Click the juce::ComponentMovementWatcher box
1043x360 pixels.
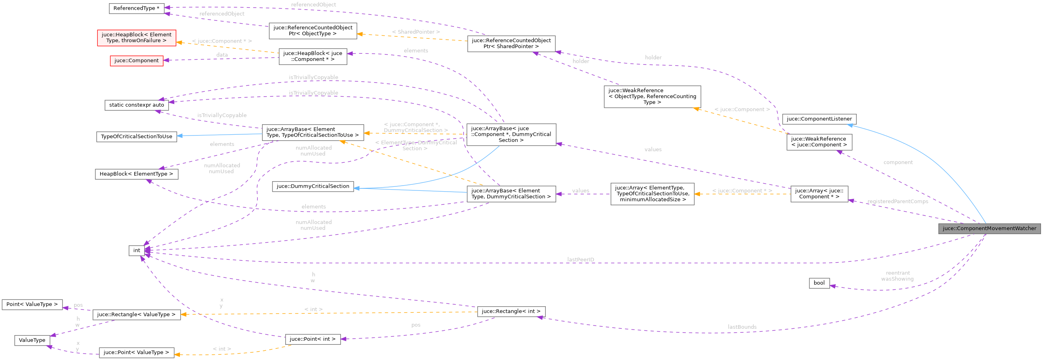coord(989,229)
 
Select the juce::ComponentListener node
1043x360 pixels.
coord(819,119)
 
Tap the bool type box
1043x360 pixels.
coord(819,283)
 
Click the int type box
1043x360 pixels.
coord(137,250)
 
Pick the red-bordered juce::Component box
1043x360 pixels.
coord(137,61)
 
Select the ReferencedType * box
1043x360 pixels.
coord(137,8)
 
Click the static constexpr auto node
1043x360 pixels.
coord(137,105)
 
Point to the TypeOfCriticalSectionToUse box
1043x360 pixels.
coord(137,136)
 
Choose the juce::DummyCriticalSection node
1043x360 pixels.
coord(313,186)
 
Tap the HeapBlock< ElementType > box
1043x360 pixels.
coord(137,174)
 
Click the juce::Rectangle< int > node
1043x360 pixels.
coord(511,311)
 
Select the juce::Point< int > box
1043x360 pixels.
coord(313,339)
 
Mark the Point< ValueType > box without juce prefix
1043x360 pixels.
coord(32,304)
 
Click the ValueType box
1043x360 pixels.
coord(32,340)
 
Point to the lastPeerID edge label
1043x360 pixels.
coord(581,259)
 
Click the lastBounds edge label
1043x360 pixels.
coord(742,327)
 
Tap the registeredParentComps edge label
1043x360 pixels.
coord(898,201)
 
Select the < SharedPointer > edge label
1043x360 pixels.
coord(416,32)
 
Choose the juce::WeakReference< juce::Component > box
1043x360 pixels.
coord(819,142)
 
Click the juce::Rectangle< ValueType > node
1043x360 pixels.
coord(137,314)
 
